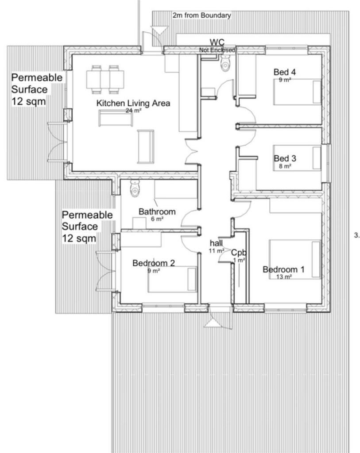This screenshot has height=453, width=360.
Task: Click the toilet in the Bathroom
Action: (x=135, y=188)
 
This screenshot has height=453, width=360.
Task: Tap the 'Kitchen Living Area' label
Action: (x=133, y=103)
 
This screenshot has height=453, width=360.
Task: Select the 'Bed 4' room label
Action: (x=285, y=72)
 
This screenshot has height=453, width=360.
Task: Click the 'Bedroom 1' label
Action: (x=283, y=269)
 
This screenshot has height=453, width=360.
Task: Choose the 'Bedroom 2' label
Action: (x=154, y=263)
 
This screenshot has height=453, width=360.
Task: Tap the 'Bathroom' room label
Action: (x=157, y=211)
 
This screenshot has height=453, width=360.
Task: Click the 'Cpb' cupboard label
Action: (x=239, y=253)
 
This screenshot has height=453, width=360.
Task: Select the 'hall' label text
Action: (x=216, y=243)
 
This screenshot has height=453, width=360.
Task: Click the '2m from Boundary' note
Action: (x=202, y=15)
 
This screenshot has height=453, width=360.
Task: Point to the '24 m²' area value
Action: (x=133, y=110)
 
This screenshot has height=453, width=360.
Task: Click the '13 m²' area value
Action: (x=284, y=276)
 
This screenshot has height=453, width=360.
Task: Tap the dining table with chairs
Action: (x=105, y=80)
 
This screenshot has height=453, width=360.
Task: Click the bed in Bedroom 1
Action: (x=295, y=259)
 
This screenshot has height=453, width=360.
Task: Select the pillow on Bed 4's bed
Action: (x=317, y=92)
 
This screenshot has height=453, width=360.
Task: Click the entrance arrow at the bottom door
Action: (x=213, y=323)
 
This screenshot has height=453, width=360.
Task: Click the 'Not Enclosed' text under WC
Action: (x=217, y=50)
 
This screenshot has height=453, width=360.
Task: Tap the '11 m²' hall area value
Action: (x=216, y=251)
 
